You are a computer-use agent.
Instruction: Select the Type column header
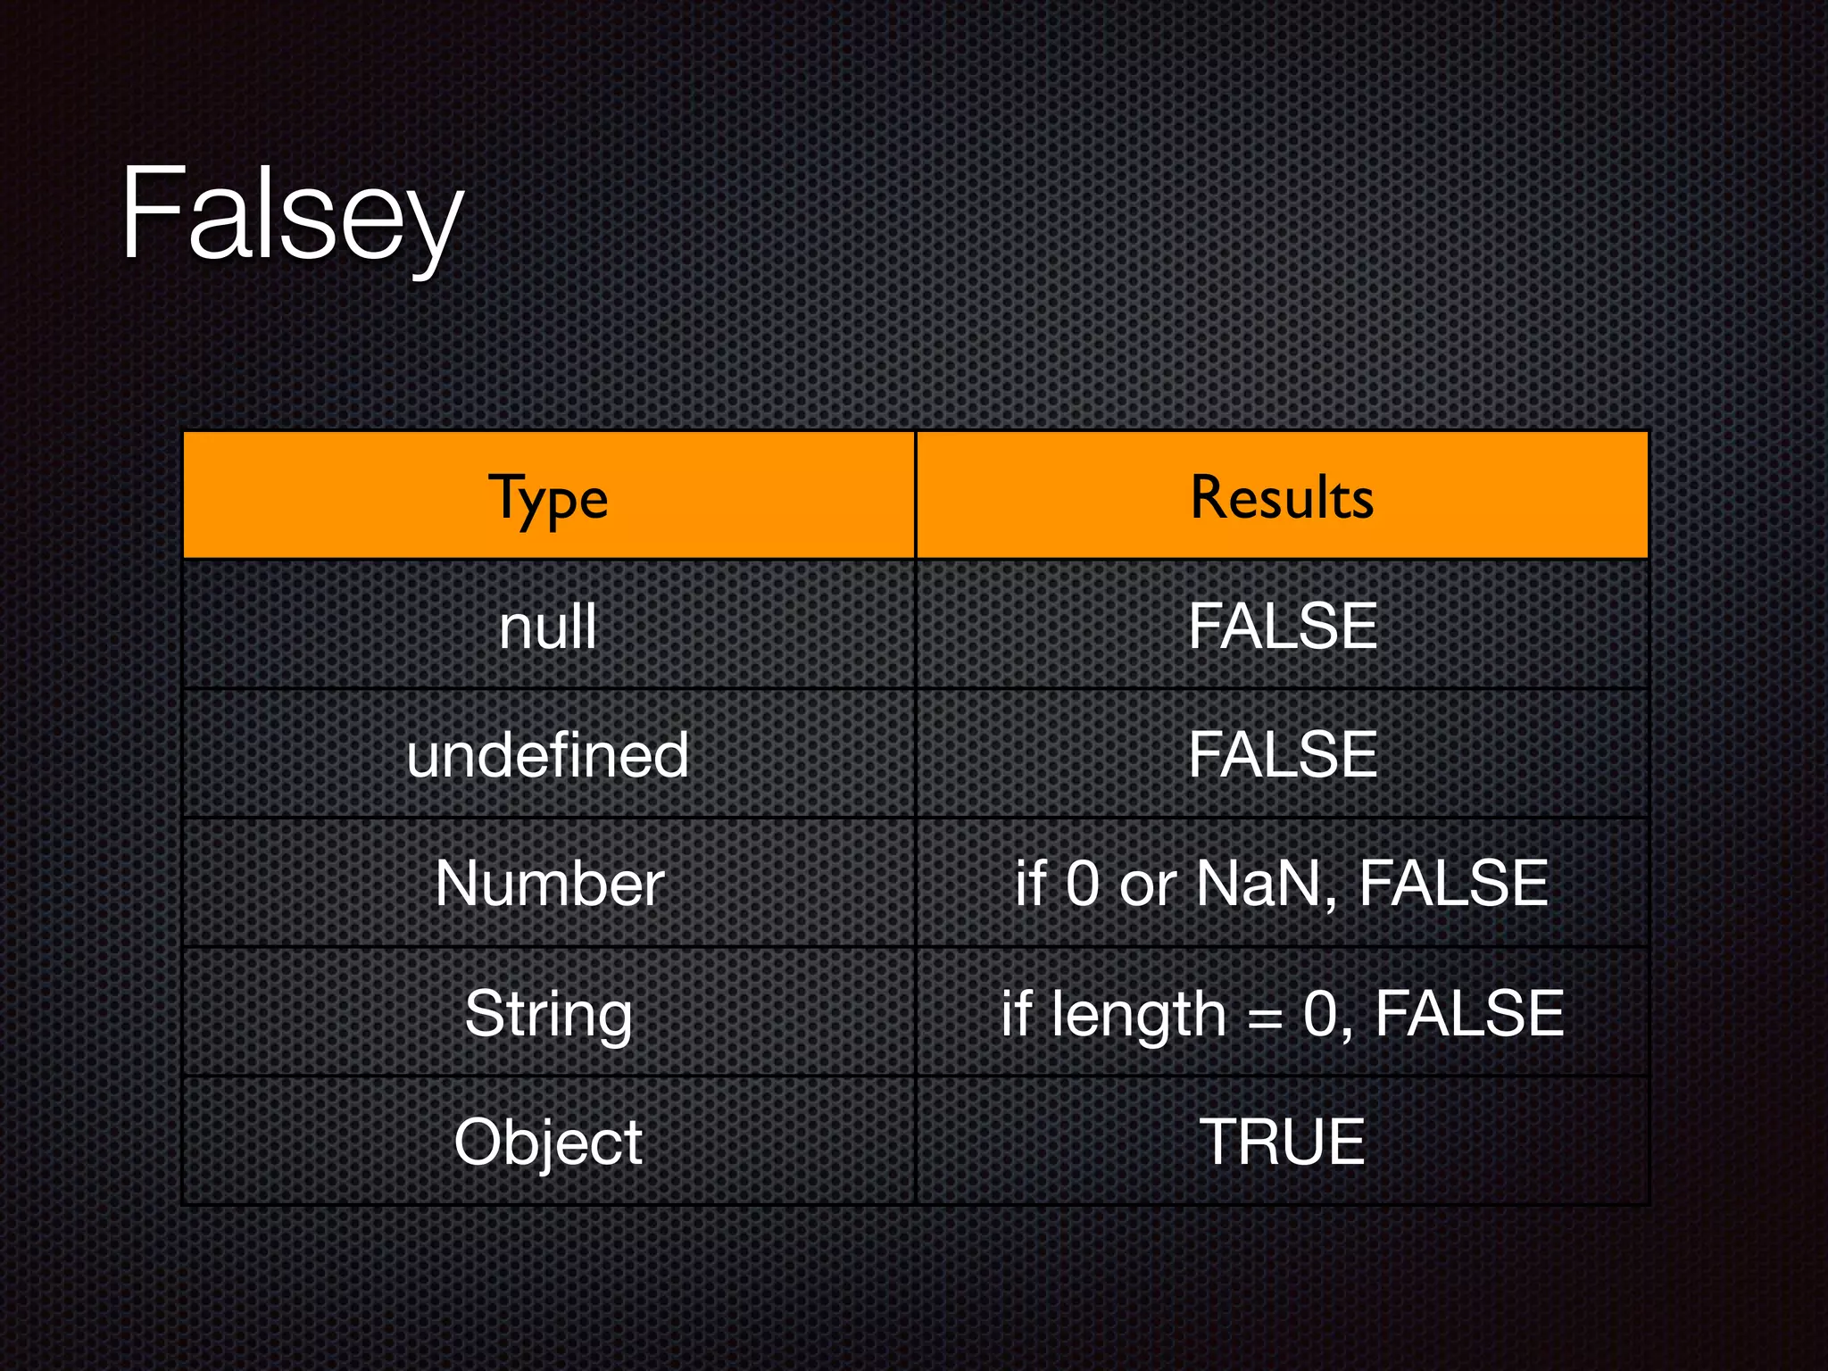pyautogui.click(x=548, y=498)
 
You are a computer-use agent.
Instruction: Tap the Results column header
pyautogui.click(x=1282, y=497)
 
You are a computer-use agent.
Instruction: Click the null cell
pyautogui.click(x=548, y=627)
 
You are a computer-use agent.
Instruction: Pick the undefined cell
pyautogui.click(x=548, y=755)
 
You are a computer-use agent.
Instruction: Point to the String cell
pyautogui.click(x=548, y=1014)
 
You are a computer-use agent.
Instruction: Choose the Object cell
pyautogui.click(x=548, y=1142)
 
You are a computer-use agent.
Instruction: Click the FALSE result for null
pyautogui.click(x=1283, y=627)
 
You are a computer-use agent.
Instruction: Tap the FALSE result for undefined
pyautogui.click(x=1283, y=755)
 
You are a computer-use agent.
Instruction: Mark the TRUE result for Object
pyautogui.click(x=1282, y=1142)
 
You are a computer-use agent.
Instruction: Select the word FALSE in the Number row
pyautogui.click(x=1453, y=884)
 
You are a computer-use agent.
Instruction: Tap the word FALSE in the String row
pyautogui.click(x=1469, y=1014)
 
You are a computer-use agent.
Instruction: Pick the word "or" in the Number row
pyautogui.click(x=1148, y=885)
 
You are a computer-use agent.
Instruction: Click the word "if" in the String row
pyautogui.click(x=1016, y=1014)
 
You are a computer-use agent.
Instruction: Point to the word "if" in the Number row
pyautogui.click(x=1030, y=884)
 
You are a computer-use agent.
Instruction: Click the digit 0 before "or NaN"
pyautogui.click(x=1083, y=884)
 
